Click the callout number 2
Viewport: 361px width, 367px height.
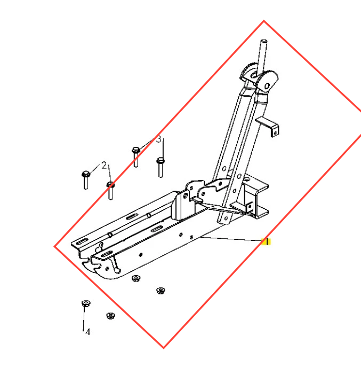104,165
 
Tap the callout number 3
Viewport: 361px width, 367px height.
159,139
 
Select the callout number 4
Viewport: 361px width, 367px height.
87,332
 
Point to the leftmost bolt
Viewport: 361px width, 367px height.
86,179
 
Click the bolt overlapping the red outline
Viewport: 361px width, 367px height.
110,190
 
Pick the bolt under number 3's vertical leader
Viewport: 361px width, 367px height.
161,167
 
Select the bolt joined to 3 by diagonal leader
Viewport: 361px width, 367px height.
136,157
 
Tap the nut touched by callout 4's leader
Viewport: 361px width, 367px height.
86,303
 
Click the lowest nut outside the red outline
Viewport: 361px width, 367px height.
110,316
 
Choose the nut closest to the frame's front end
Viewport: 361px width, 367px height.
136,278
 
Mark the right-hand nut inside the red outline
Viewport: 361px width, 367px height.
161,291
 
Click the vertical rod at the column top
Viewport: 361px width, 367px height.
262,57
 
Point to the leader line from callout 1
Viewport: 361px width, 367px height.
232,239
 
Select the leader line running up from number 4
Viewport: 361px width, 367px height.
84,318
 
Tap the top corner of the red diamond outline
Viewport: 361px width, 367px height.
264,21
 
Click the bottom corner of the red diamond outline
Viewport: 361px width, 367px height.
164,348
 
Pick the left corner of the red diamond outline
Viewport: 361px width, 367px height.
55,246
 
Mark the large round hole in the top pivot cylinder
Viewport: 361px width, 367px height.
267,86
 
